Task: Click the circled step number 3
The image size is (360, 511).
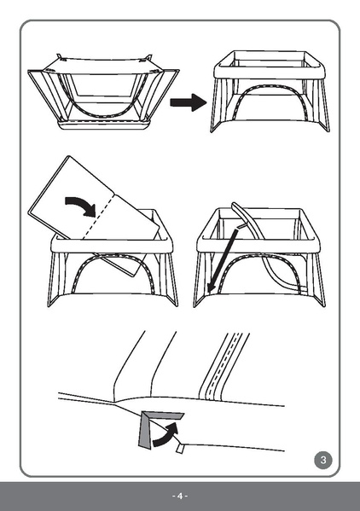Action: click(x=323, y=460)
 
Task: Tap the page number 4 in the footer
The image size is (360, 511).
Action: click(x=180, y=496)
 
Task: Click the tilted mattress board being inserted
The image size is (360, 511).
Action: click(x=94, y=213)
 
